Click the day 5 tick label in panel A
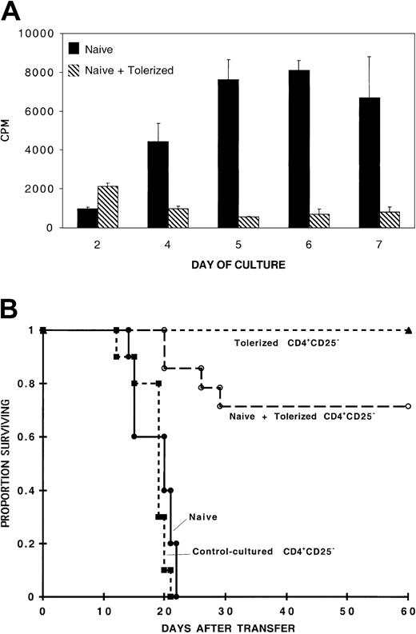(242, 241)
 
